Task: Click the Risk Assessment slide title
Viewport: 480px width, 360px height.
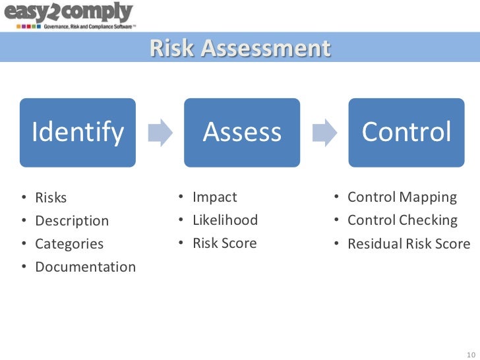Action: click(239, 49)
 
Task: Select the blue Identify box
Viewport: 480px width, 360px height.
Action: click(78, 133)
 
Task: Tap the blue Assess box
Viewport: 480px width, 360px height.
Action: click(242, 133)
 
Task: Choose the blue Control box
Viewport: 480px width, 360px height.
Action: click(406, 133)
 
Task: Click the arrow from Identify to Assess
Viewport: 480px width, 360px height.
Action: click(160, 133)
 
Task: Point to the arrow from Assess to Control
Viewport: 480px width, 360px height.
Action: click(324, 133)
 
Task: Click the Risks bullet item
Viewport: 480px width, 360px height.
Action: click(51, 198)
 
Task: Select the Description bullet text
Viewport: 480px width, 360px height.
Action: click(72, 221)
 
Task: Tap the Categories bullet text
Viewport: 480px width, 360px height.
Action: click(69, 244)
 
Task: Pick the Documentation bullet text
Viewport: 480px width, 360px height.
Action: click(85, 267)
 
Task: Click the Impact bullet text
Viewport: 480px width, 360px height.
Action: click(214, 197)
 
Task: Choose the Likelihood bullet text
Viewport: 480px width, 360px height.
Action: click(225, 220)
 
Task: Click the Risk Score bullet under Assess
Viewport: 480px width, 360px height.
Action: click(224, 243)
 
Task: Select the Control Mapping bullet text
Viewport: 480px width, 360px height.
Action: click(402, 197)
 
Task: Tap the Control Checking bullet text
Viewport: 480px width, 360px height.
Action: click(402, 220)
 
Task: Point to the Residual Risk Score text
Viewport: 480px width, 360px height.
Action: click(409, 244)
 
